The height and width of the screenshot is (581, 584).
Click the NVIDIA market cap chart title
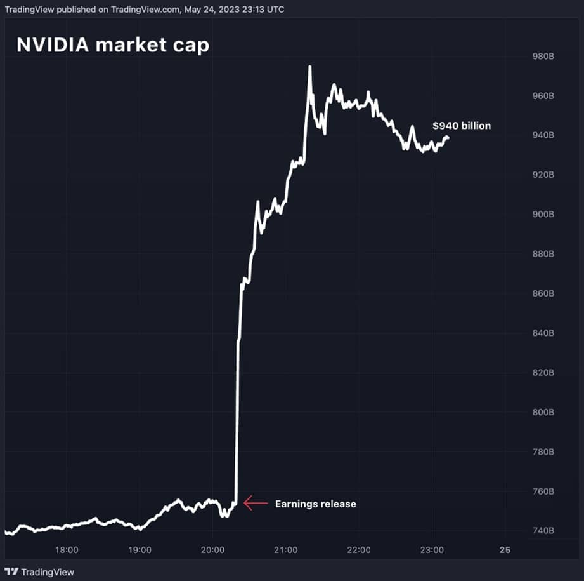tap(112, 44)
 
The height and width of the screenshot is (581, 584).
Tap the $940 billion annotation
tap(461, 126)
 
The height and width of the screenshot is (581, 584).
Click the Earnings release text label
tap(315, 504)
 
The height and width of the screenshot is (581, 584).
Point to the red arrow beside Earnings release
tap(256, 504)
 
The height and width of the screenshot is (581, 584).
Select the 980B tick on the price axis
tap(543, 57)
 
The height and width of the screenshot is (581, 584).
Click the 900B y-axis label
tap(543, 215)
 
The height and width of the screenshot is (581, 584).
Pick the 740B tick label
tap(543, 531)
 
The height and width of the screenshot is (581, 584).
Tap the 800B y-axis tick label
tap(543, 412)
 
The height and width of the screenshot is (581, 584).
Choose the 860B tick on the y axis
tap(543, 293)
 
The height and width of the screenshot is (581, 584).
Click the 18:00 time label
tap(67, 549)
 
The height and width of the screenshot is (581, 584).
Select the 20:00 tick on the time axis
tap(212, 549)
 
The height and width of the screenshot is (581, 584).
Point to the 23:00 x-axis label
tap(431, 549)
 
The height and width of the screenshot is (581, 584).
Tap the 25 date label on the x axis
tap(505, 549)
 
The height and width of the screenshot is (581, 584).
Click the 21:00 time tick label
tap(286, 549)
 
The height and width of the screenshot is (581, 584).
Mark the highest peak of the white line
tap(309, 67)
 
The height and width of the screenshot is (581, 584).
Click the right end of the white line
tap(448, 137)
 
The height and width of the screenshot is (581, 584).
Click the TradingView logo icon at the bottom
tap(11, 572)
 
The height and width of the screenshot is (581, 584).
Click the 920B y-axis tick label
tap(543, 175)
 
